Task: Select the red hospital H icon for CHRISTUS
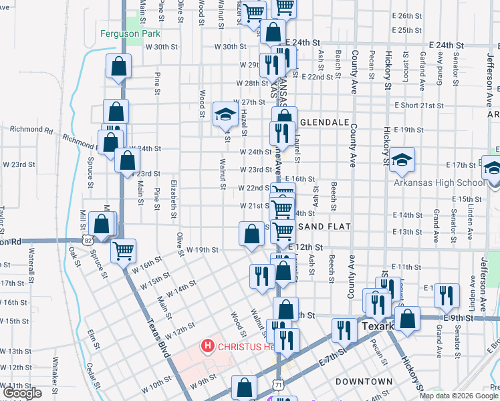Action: (x=208, y=346)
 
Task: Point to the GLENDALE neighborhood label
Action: (x=325, y=123)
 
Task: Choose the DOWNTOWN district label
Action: (x=364, y=381)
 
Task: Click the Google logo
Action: (x=21, y=393)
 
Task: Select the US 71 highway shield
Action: (x=278, y=383)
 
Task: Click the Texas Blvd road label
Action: (x=155, y=328)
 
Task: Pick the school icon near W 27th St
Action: (x=225, y=114)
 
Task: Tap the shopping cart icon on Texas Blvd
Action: (x=123, y=251)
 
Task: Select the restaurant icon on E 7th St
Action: (x=344, y=330)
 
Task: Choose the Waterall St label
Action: (x=31, y=263)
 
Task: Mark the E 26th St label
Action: (x=410, y=15)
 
